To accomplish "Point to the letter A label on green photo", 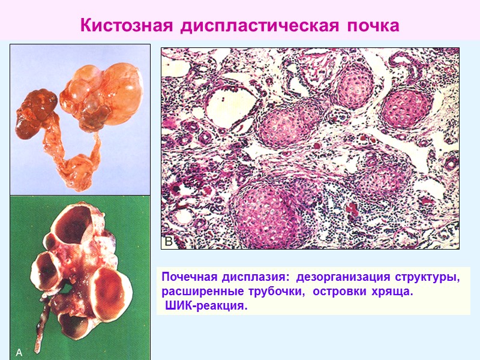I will (x=19, y=353).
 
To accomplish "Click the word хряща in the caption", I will (x=396, y=292).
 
